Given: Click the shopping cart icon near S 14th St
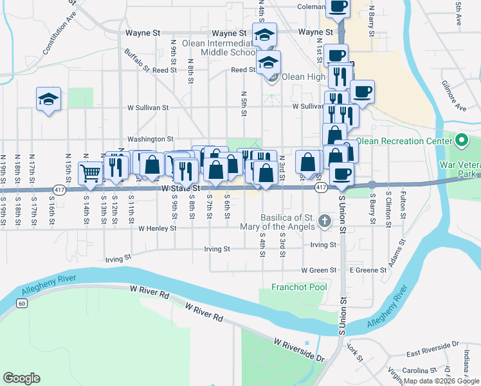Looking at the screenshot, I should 91,172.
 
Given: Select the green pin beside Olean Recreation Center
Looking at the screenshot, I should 461,140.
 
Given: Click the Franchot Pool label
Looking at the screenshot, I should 299,287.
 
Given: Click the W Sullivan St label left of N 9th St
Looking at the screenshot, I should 148,108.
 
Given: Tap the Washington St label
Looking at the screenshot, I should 150,138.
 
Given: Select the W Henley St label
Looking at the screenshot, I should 158,228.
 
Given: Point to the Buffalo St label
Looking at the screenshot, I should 137,60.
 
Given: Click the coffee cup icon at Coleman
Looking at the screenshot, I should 338,6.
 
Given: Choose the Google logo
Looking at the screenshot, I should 21,378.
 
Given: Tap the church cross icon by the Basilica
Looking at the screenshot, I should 325,222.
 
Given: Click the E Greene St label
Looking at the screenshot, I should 368,270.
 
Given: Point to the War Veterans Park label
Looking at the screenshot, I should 460,169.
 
